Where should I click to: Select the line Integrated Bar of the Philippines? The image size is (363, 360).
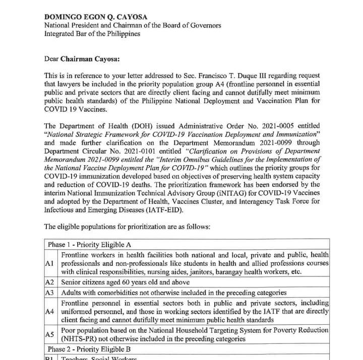coord(92,34)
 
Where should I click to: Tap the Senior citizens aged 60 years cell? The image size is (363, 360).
coord(126,282)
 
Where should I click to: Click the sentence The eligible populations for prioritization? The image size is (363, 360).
coord(127,227)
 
